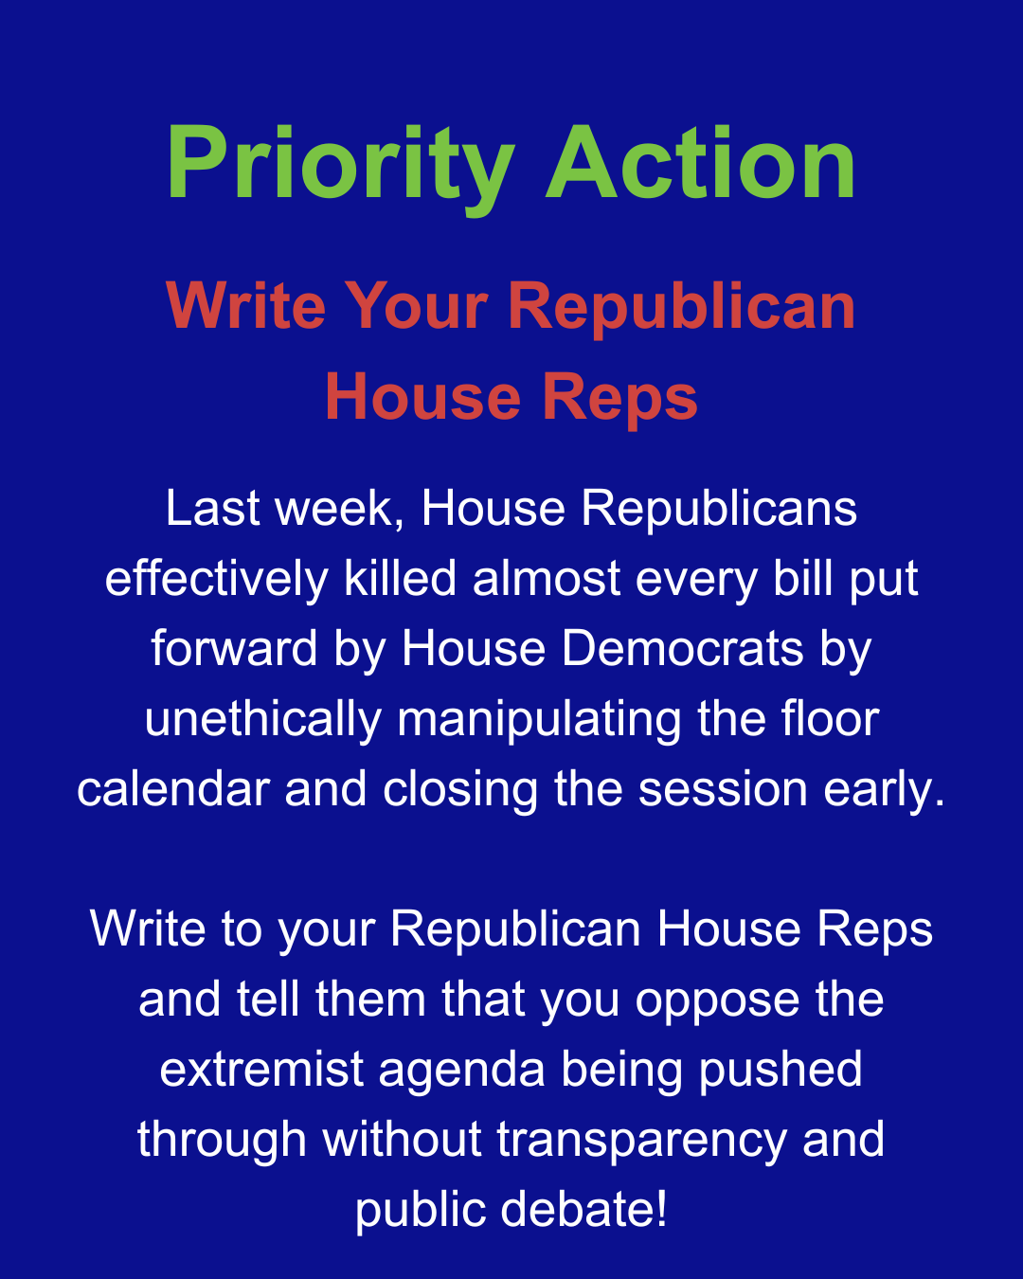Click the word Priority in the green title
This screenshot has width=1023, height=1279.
(340, 164)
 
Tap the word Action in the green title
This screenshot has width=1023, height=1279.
(701, 164)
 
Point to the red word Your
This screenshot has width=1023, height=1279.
(417, 307)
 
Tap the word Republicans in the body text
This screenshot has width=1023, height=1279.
(719, 509)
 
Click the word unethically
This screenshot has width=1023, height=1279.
(263, 719)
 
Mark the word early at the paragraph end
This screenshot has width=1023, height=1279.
(889, 789)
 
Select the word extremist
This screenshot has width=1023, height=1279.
(260, 1070)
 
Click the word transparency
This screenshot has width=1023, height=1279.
(641, 1140)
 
